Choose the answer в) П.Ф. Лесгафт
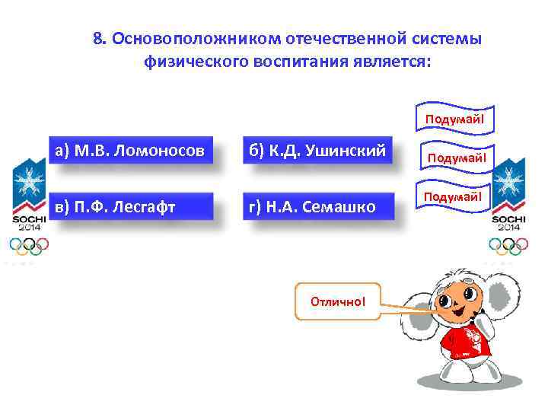tap(128, 206)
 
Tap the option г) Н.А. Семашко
tap(319, 206)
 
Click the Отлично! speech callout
tap(337, 301)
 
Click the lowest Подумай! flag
tap(454, 196)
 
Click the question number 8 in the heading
tap(97, 39)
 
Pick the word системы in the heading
tap(448, 39)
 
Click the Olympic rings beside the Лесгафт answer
tap(28, 245)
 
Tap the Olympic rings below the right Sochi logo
tap(506, 245)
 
